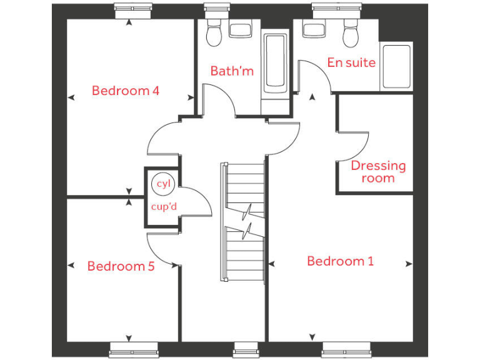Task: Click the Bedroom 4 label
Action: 125,91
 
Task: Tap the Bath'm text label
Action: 232,71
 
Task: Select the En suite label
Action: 351,62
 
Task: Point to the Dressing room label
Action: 378,172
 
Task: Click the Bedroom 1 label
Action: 340,261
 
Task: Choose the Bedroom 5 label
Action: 121,266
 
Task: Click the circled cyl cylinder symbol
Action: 164,183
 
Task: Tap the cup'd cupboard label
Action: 163,207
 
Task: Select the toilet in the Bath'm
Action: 214,34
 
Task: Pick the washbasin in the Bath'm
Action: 240,28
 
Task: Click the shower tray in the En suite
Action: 397,66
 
